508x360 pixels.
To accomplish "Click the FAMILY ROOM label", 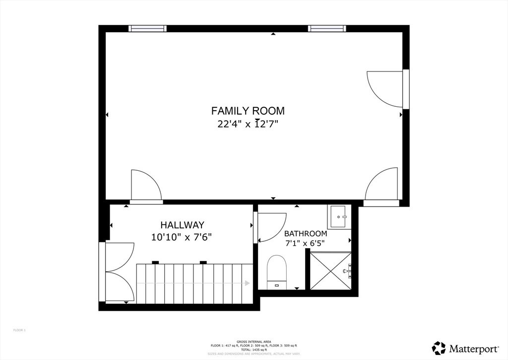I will click(248, 111).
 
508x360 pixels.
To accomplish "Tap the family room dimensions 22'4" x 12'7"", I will click(248, 124).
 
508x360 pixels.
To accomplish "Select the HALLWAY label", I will click(182, 225).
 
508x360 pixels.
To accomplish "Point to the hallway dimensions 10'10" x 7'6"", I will click(182, 237).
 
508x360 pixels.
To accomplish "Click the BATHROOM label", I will click(306, 233).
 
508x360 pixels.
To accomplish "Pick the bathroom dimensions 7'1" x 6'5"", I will click(306, 244).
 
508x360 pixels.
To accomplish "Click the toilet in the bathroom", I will click(277, 271).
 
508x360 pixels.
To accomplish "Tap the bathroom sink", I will click(339, 216).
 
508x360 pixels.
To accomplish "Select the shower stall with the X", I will click(330, 271).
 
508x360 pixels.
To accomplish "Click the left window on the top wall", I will click(147, 28).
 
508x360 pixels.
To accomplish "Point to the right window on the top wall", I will click(326, 28).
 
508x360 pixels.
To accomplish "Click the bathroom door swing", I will click(271, 227).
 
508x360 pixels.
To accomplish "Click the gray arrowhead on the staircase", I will click(247, 283).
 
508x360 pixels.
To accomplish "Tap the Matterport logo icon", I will click(439, 348).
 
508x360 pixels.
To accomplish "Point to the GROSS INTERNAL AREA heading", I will click(254, 342).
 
